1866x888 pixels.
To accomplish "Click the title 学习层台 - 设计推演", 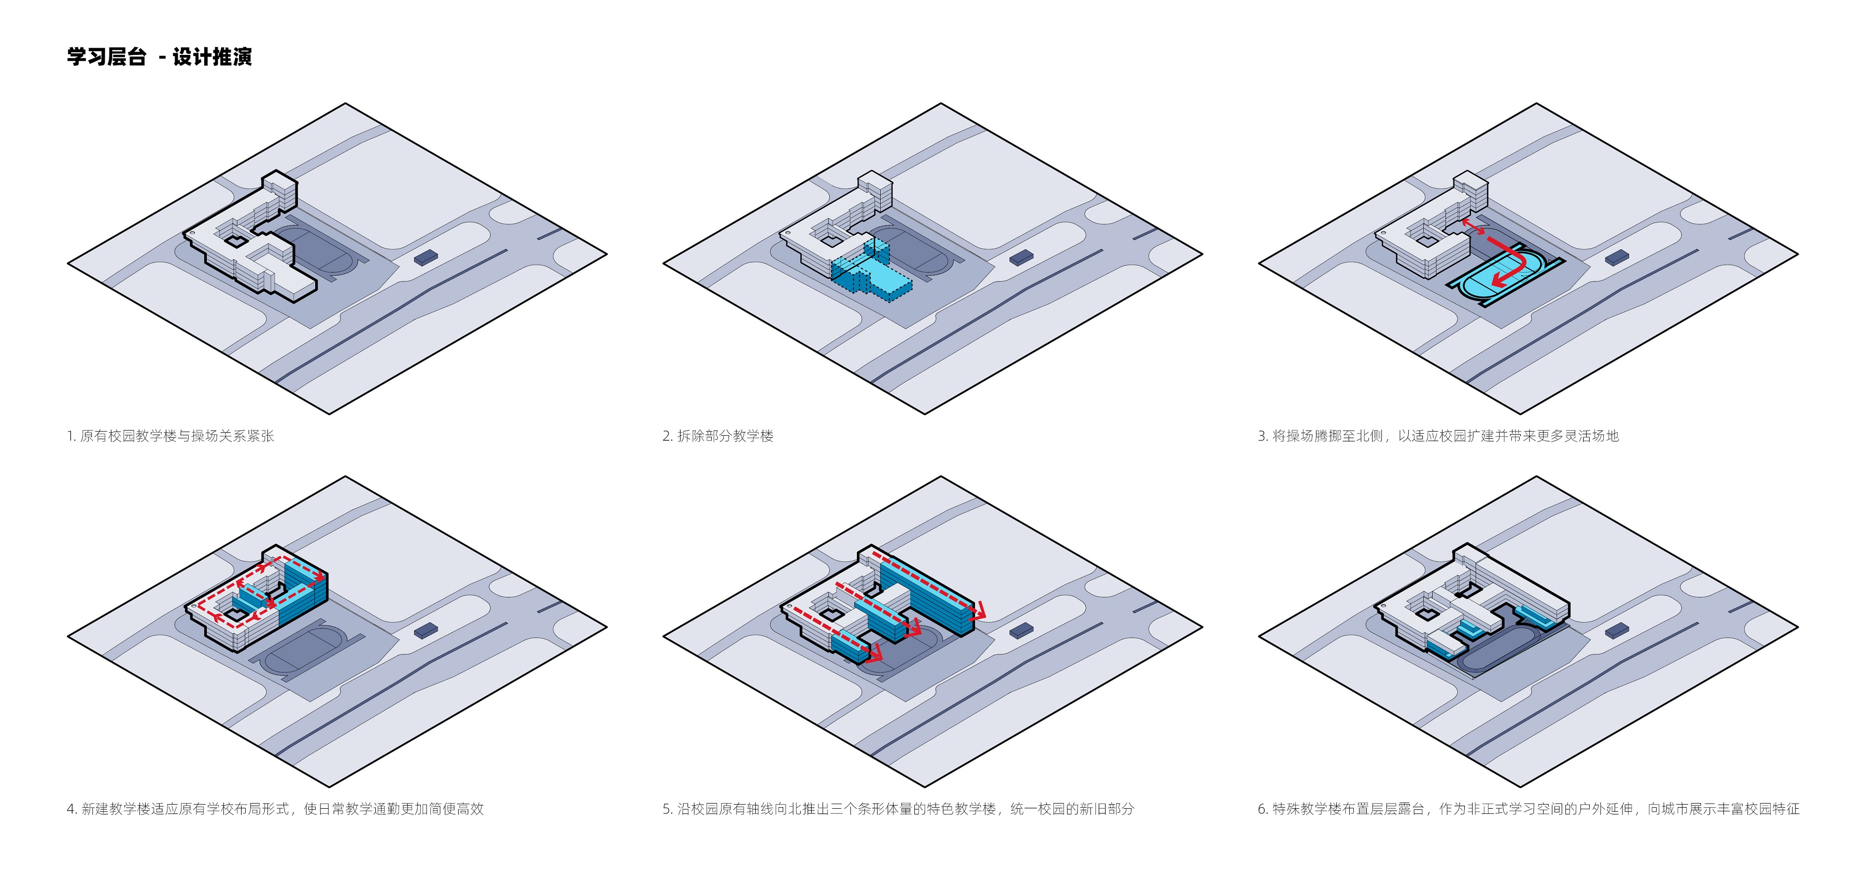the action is click(159, 56).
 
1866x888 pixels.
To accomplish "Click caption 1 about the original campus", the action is click(170, 435).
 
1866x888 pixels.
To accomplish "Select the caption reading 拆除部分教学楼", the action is click(718, 435).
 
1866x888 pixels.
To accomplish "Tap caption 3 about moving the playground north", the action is click(1438, 435).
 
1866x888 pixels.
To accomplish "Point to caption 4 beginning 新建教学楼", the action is click(275, 808).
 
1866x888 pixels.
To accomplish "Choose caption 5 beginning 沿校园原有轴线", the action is click(898, 808).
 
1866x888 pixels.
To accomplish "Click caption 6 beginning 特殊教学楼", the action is click(1529, 808).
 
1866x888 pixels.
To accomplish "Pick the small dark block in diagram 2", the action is click(1021, 257).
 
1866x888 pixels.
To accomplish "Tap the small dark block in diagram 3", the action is click(1617, 257).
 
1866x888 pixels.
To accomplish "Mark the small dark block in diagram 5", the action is click(1021, 630).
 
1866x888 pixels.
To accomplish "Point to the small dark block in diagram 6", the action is click(1617, 630).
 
